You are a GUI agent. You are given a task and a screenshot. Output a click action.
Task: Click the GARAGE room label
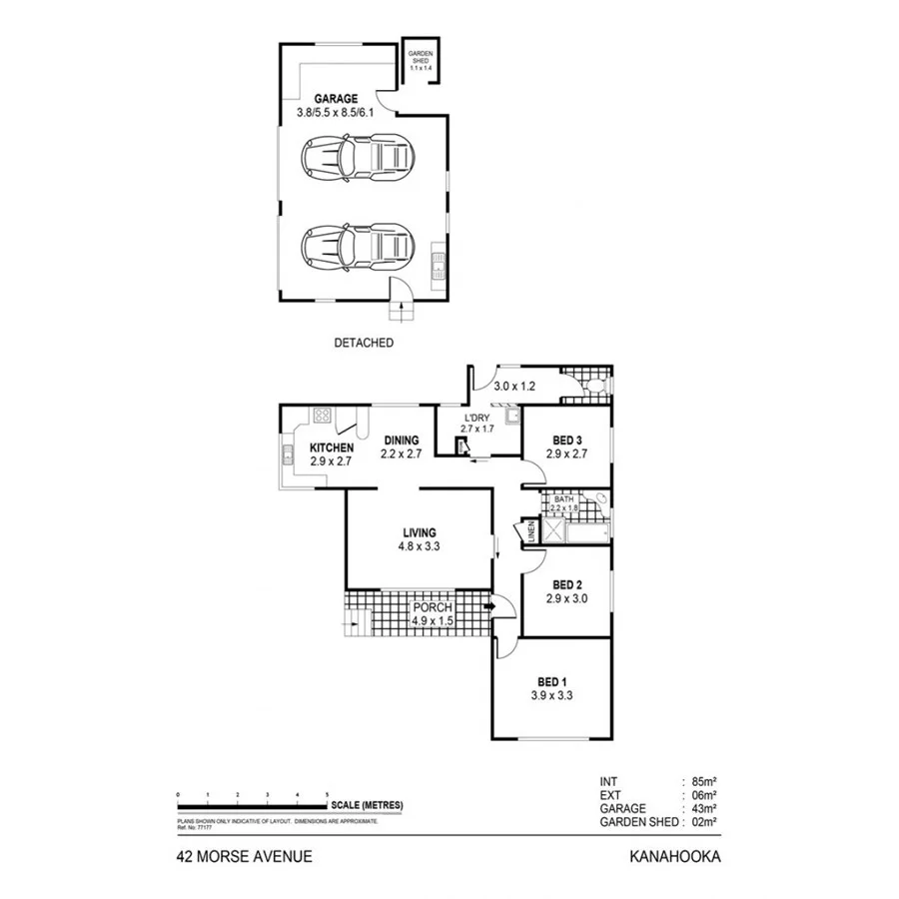(337, 99)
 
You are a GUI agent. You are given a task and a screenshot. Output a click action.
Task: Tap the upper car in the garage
(358, 155)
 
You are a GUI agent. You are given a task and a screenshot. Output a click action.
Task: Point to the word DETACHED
(364, 343)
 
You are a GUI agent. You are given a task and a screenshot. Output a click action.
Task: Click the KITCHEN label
(332, 448)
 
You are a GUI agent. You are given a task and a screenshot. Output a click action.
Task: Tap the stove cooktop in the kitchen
(324, 416)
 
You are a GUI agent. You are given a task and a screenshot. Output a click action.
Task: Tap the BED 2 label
(565, 585)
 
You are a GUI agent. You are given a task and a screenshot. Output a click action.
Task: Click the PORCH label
(433, 607)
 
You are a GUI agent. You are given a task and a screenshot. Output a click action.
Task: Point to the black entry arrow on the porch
(488, 605)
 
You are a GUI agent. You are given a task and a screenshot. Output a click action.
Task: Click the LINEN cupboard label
(531, 533)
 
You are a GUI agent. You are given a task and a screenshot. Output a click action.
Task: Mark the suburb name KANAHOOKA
(674, 856)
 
